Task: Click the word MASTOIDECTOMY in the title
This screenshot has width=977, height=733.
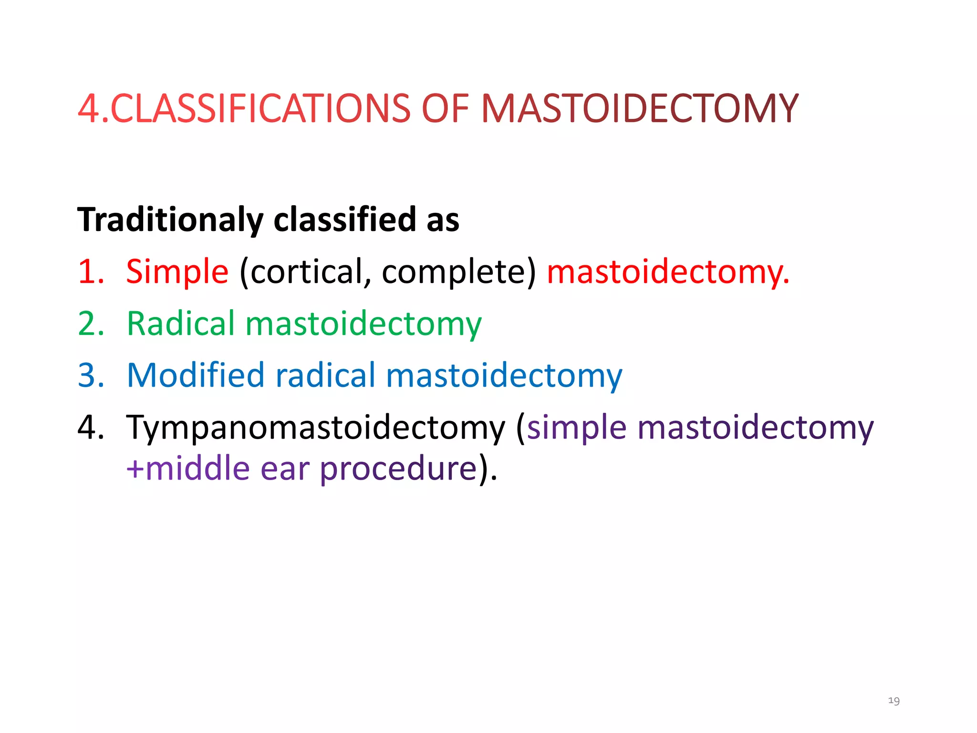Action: [639, 109]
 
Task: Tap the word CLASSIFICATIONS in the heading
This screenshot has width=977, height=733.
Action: [260, 109]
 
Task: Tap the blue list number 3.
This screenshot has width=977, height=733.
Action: [91, 376]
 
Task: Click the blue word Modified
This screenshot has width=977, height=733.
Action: [196, 376]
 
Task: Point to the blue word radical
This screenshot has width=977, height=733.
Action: [326, 376]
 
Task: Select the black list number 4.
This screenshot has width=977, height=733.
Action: [91, 427]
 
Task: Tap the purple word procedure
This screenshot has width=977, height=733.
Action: [398, 469]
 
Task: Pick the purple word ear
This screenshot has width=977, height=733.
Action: [285, 469]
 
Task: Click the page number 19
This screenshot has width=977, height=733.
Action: [894, 701]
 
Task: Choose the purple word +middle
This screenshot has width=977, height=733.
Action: [188, 469]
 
